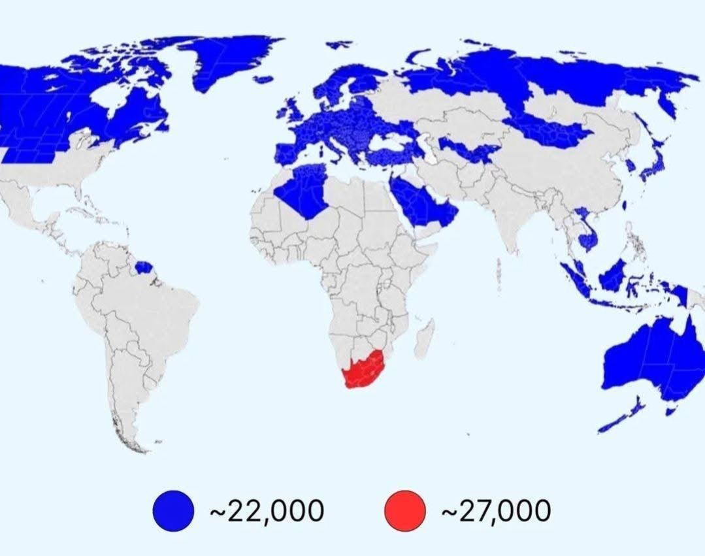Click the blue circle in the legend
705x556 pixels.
174,510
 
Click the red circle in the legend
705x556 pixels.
405,510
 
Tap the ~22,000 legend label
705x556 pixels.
266,510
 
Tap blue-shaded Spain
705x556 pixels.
287,154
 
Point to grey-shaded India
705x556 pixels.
506,209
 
